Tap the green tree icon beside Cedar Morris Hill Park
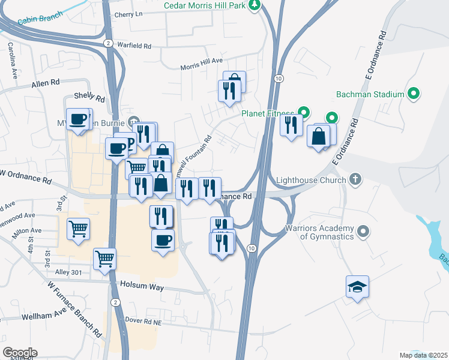(255, 5)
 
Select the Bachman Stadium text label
(369, 94)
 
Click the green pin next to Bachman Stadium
(413, 94)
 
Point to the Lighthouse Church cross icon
(355, 179)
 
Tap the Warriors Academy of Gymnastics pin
(363, 231)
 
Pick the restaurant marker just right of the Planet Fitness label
(291, 125)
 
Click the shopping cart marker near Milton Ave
(79, 229)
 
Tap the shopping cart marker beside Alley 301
(105, 259)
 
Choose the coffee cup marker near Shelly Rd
(77, 119)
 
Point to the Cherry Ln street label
(128, 14)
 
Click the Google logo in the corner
(20, 352)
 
